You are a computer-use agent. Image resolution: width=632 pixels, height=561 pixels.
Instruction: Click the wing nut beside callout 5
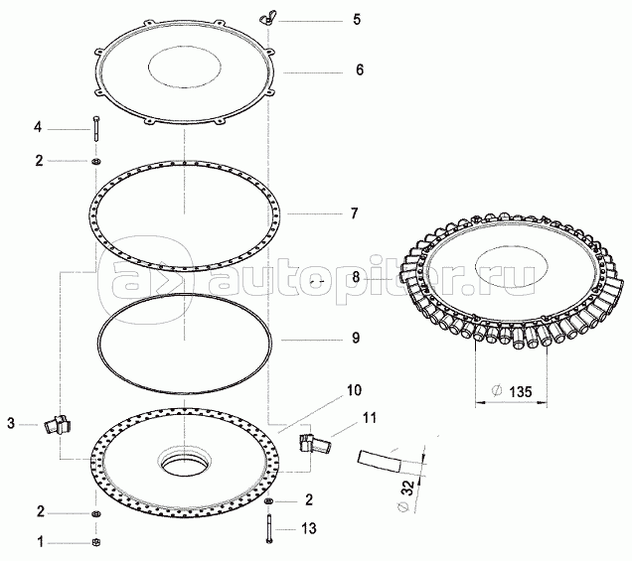pos(267,20)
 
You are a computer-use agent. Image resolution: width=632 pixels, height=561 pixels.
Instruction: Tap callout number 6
pos(360,70)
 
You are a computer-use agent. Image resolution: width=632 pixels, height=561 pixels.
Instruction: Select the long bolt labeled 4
pos(96,128)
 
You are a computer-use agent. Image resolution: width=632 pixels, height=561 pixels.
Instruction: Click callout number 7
pos(354,213)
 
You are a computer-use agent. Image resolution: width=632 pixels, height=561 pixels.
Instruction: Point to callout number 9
pos(356,338)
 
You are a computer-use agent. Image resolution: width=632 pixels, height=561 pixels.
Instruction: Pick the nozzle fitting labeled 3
pos(58,424)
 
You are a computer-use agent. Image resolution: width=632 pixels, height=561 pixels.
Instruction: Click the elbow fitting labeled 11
pos(315,443)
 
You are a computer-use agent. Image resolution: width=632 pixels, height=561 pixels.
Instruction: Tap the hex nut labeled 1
pos(96,542)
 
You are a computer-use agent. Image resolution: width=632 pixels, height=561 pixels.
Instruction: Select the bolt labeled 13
pos(268,529)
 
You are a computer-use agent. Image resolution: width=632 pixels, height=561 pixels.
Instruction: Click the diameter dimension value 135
pos(521,391)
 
